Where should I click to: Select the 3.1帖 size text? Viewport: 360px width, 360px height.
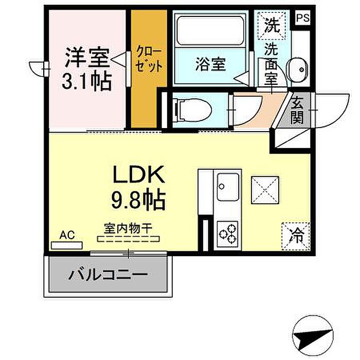pos(87,81)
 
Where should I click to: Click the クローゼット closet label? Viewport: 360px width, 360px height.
pos(149,59)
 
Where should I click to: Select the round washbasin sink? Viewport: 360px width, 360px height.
pos(297,69)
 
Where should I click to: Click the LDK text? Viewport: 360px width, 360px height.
pos(138,176)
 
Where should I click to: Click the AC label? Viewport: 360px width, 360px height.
pos(67,236)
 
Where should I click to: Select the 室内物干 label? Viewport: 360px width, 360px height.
pos(129,226)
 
